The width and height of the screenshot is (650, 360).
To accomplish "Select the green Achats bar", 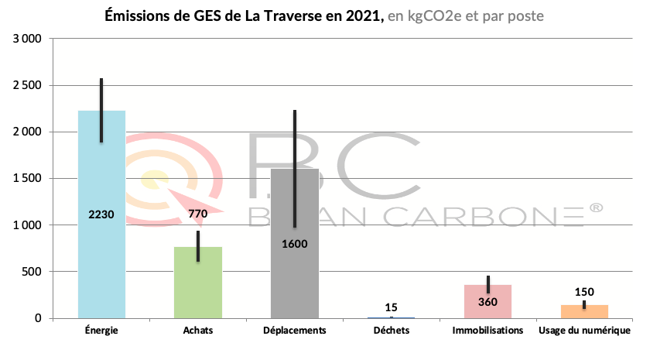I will tap(198, 286).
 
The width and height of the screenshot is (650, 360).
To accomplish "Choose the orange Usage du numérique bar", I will tap(584, 312).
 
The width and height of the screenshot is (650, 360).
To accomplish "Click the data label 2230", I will tap(101, 214).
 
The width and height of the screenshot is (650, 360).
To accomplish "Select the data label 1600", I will tap(295, 244).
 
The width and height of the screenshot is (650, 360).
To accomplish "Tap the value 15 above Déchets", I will tap(391, 307).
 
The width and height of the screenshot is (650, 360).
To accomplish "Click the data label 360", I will tap(487, 302).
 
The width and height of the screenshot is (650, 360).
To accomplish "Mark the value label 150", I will tap(584, 292).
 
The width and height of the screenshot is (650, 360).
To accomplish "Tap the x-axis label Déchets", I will tap(391, 331).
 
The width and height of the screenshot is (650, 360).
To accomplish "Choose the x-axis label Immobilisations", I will tap(487, 331).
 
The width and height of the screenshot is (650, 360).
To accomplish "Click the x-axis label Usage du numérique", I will tap(584, 331).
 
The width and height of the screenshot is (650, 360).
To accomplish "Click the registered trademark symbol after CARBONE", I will tap(596, 207).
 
